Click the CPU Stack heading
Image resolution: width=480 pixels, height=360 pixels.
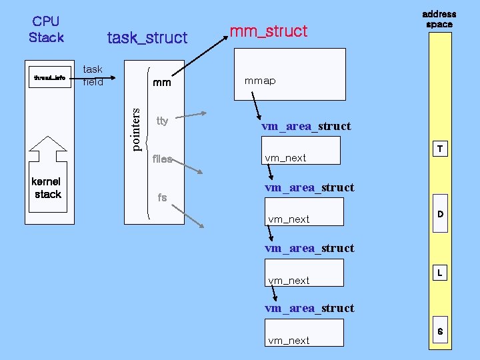point(46,29)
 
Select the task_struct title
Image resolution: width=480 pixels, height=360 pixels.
point(147,38)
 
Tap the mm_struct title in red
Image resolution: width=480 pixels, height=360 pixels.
point(268,31)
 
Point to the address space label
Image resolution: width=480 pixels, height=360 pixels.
point(439,19)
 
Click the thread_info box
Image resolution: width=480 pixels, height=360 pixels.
point(49,78)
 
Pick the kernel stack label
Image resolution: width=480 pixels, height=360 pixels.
point(47,187)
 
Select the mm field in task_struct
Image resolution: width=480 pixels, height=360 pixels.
point(162,83)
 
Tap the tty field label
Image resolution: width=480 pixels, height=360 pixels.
point(162,121)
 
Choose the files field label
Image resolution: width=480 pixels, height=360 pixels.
point(162,159)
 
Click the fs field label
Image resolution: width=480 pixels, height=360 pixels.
point(161,197)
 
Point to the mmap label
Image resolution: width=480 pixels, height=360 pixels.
point(260,81)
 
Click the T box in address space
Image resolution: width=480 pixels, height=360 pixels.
point(439,149)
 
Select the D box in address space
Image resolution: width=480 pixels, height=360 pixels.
point(439,214)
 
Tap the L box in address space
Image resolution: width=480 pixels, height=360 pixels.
point(439,273)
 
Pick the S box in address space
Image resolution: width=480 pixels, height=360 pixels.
point(439,331)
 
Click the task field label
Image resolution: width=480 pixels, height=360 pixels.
point(93,75)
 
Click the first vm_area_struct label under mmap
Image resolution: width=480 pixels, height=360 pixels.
point(306,126)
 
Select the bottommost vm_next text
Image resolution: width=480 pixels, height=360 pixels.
point(289,340)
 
